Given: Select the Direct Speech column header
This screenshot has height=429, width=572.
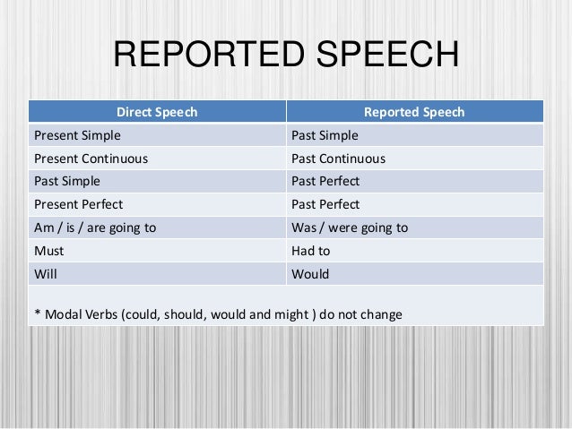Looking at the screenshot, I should (157, 112).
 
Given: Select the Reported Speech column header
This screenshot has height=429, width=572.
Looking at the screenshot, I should (413, 112).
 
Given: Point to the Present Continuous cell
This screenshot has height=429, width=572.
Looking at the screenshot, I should (91, 159).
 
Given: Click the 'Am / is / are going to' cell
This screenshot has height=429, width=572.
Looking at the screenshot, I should (94, 227).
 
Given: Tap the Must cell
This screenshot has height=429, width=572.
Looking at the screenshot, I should (48, 251).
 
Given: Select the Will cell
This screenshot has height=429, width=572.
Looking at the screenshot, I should (45, 273).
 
